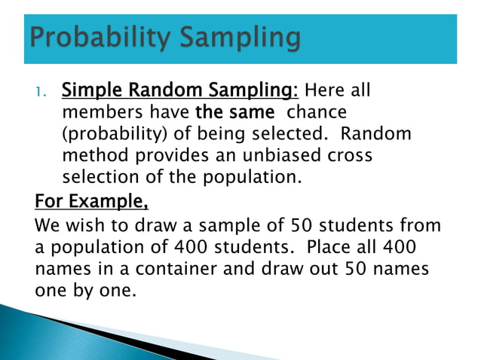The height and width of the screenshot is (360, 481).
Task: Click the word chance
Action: click(x=316, y=112)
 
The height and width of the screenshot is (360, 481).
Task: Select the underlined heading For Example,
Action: click(x=91, y=202)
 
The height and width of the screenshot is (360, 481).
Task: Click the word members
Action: click(x=97, y=112)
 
